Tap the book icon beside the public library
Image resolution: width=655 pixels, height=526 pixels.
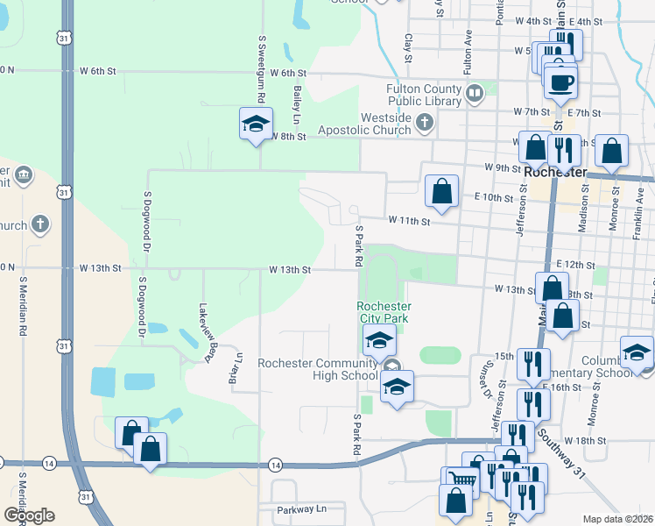474,91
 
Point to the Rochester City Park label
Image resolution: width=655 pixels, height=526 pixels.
384,312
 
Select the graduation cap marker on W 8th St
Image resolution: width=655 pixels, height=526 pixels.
256,123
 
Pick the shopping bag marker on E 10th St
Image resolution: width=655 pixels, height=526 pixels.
442,190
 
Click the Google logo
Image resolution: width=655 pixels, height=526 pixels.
29,515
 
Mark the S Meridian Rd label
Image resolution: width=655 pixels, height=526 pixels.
22,307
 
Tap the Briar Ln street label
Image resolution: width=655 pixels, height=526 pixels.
234,373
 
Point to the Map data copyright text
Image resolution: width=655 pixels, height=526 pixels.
618,519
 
